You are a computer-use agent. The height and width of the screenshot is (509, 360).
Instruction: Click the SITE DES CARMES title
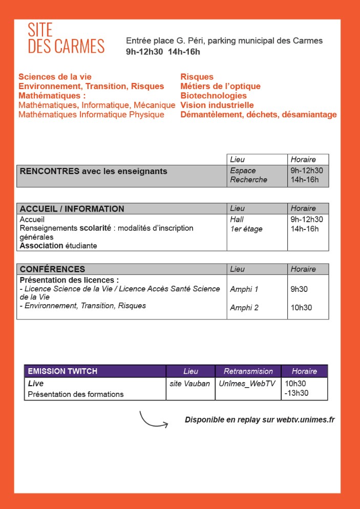[66, 38]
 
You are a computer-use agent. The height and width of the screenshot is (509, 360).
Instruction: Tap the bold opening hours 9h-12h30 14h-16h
[163, 51]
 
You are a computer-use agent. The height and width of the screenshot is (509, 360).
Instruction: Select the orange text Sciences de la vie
[55, 77]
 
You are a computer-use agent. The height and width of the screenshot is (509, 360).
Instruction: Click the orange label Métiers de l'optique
[220, 86]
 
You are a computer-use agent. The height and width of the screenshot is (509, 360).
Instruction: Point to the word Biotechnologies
[214, 96]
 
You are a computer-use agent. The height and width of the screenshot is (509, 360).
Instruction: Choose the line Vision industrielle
[217, 105]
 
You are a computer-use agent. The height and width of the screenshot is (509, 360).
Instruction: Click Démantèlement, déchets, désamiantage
[259, 115]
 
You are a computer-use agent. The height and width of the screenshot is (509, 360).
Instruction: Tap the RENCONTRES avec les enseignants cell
[93, 172]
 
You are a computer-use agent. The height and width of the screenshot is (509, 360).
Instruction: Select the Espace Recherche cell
[249, 175]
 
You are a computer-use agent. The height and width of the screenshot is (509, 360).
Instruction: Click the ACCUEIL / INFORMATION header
[72, 209]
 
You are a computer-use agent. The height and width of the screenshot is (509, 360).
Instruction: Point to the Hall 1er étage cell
[246, 224]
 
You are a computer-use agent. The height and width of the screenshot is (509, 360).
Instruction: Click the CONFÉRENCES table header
[52, 269]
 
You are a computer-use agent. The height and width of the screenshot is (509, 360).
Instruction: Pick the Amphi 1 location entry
[244, 289]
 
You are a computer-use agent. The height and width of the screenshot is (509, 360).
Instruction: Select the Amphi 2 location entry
[244, 308]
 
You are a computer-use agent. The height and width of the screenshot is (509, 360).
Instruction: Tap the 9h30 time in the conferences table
[299, 289]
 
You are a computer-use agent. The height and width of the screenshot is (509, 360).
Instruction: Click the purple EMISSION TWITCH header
[62, 371]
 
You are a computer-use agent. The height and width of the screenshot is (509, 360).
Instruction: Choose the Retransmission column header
[248, 371]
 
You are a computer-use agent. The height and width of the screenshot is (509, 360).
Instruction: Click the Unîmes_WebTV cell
[247, 384]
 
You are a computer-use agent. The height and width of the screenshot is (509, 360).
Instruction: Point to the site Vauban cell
[189, 384]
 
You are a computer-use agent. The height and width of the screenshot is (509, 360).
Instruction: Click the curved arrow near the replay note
[153, 420]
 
